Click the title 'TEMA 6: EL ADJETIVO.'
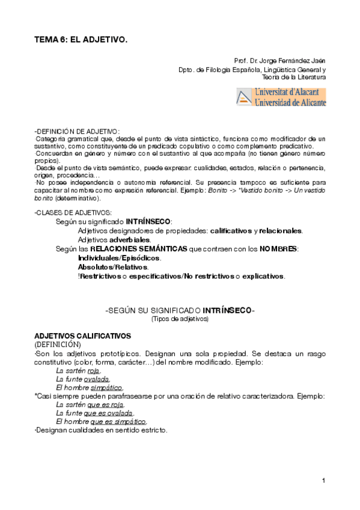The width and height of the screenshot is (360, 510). coord(81,39)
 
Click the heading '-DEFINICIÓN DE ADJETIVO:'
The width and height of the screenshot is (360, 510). coord(77,131)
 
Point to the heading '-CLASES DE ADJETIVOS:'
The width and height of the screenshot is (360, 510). coord(73,213)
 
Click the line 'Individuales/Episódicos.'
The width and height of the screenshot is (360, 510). coord(120,258)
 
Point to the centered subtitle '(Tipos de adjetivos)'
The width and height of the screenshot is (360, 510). coord(180,319)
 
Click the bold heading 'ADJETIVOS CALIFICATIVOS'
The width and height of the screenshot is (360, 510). coord(82,335)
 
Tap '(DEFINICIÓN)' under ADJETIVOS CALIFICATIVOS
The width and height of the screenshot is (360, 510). coord(57,344)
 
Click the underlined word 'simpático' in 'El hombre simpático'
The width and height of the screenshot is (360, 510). coord(109,388)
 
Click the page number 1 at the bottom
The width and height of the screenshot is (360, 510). coord(323,480)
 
